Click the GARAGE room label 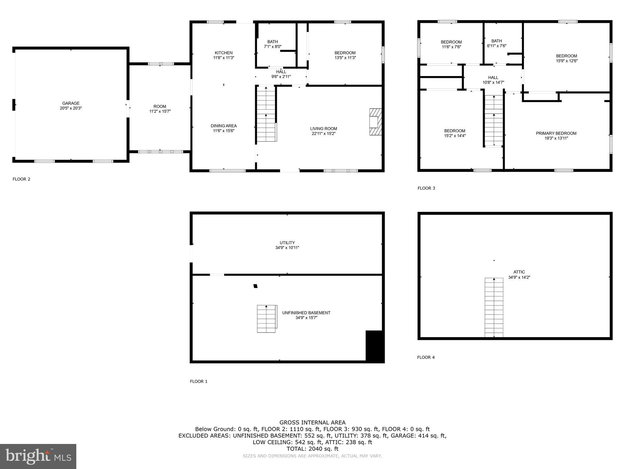[x=71, y=104]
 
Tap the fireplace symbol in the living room [x=375, y=122]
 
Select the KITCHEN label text [x=223, y=53]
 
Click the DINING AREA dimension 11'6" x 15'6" [x=223, y=131]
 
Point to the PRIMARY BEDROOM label [x=556, y=133]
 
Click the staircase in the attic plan [x=494, y=307]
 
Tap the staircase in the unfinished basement [x=266, y=319]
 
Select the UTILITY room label [x=287, y=243]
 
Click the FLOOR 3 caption [x=426, y=188]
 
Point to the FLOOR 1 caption [x=199, y=381]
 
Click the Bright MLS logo [x=38, y=456]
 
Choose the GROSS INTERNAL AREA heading [x=312, y=423]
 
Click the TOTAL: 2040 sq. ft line [x=312, y=449]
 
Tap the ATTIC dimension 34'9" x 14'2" [x=519, y=278]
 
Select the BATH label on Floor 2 [x=273, y=42]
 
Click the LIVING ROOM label [x=323, y=129]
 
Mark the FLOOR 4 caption [x=426, y=357]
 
